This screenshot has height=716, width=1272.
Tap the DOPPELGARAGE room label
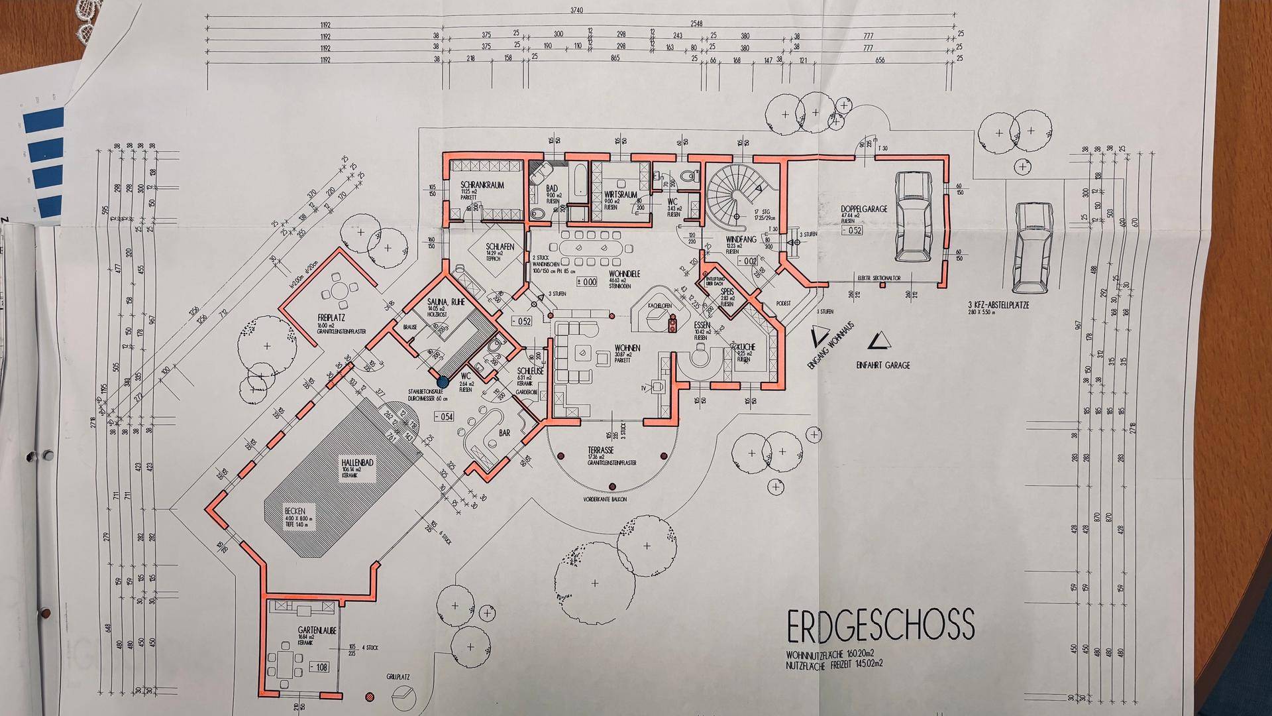tap(864, 209)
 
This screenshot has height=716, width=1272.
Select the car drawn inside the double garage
tap(913, 216)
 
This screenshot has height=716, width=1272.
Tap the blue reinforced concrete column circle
tap(442, 380)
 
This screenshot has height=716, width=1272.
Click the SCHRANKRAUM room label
tap(482, 186)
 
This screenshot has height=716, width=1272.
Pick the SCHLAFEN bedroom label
tap(500, 247)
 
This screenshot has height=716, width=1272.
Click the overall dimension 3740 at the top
tap(577, 11)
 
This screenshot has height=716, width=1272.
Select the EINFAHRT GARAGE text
tap(883, 365)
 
